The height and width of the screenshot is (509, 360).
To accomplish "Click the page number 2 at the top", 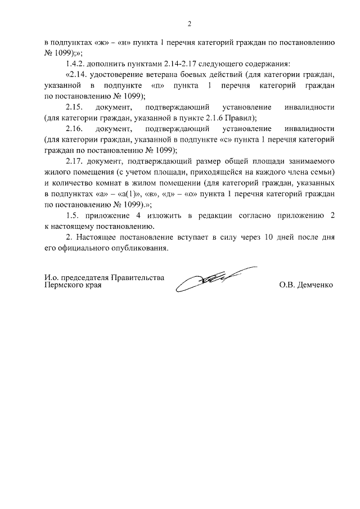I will (190, 24).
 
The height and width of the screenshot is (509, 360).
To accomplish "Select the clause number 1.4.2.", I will (76, 64).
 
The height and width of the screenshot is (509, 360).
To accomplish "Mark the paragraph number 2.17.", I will (75, 161).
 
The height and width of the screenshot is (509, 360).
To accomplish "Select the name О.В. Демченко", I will (305, 285).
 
